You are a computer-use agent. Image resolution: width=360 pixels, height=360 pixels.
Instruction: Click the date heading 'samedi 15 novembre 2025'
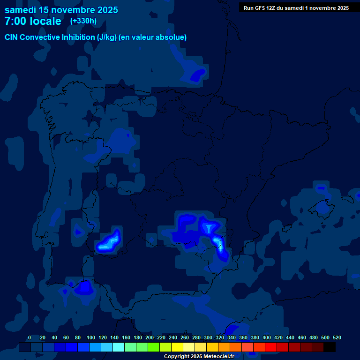pyautogui.click(x=61, y=10)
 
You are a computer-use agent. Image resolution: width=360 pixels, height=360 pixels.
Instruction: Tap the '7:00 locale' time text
pyautogui.click(x=33, y=21)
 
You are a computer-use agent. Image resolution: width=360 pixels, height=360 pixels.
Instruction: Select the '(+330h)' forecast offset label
pyautogui.click(x=83, y=21)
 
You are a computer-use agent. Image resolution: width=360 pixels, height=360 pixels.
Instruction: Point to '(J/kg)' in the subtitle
pyautogui.click(x=106, y=37)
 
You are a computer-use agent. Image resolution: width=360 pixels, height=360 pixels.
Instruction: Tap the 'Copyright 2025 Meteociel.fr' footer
pyautogui.click(x=199, y=357)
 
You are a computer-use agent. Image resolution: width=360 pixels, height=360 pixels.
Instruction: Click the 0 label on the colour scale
pyautogui.click(x=30, y=337)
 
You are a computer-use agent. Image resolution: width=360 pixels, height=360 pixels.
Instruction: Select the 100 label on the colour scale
pyautogui.click(x=91, y=337)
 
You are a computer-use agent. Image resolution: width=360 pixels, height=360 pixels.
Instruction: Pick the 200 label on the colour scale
pyautogui.click(x=150, y=337)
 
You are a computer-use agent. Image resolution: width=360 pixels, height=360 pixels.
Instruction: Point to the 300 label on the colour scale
pyautogui.click(x=208, y=337)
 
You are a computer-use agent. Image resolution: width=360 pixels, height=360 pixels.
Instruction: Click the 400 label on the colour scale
pyautogui.click(x=267, y=337)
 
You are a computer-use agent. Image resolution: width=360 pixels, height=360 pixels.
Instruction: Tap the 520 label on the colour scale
pyautogui.click(x=337, y=337)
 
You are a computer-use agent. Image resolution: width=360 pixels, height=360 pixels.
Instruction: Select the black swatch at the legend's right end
pyautogui.click(x=329, y=347)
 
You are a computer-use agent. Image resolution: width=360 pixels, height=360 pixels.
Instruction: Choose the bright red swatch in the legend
pyautogui.click(x=270, y=347)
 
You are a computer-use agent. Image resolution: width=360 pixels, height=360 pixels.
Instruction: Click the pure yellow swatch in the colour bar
pyautogui.click(x=177, y=347)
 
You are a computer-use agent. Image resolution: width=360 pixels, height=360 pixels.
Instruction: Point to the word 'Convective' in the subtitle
pyautogui.click(x=40, y=37)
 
